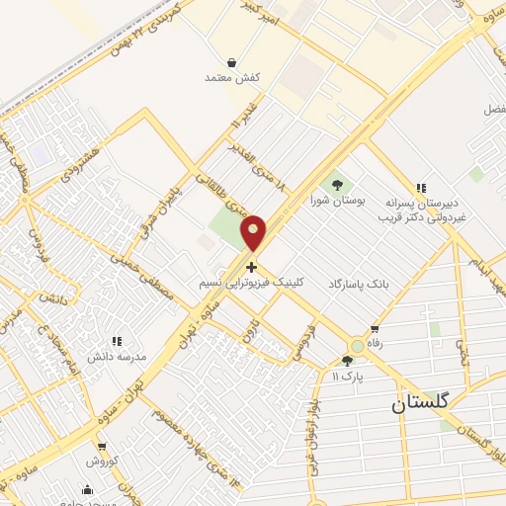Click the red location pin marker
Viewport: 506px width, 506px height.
coord(254,232)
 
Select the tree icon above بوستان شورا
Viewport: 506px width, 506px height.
coord(338,184)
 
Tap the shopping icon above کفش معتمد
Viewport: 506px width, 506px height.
coord(230,61)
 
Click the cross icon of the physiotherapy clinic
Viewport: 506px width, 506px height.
coord(252,267)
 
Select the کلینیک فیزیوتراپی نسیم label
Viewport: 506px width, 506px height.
coord(252,283)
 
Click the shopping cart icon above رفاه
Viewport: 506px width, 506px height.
coord(375,329)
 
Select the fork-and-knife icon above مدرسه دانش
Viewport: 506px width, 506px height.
coord(117,341)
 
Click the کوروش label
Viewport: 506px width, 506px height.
coord(101,462)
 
